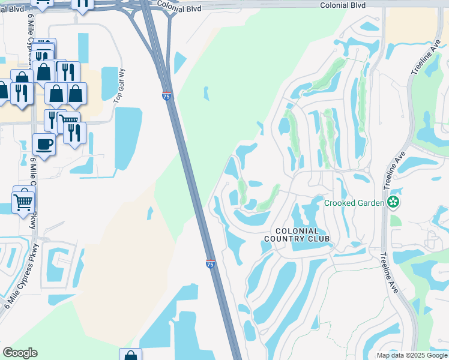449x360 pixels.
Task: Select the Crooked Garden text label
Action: (x=354, y=203)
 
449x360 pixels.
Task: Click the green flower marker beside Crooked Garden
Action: (x=393, y=203)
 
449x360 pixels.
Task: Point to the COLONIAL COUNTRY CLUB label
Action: (x=298, y=235)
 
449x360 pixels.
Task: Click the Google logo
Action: (x=20, y=353)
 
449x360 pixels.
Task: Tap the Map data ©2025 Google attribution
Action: (x=412, y=355)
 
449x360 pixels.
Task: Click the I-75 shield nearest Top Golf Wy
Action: (x=166, y=95)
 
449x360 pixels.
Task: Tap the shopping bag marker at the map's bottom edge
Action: (x=130, y=355)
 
